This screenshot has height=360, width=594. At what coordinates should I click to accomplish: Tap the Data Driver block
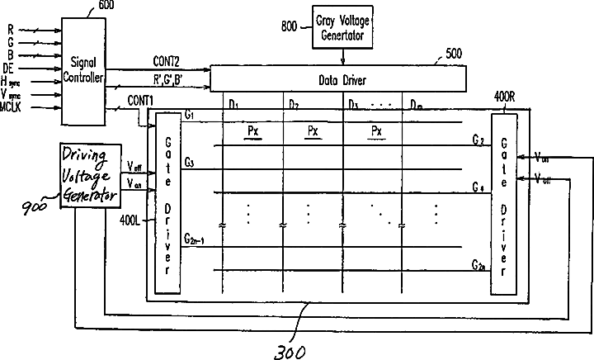(338, 79)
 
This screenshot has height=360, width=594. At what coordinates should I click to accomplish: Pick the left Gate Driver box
(168, 206)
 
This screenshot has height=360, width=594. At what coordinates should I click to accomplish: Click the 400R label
(505, 97)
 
